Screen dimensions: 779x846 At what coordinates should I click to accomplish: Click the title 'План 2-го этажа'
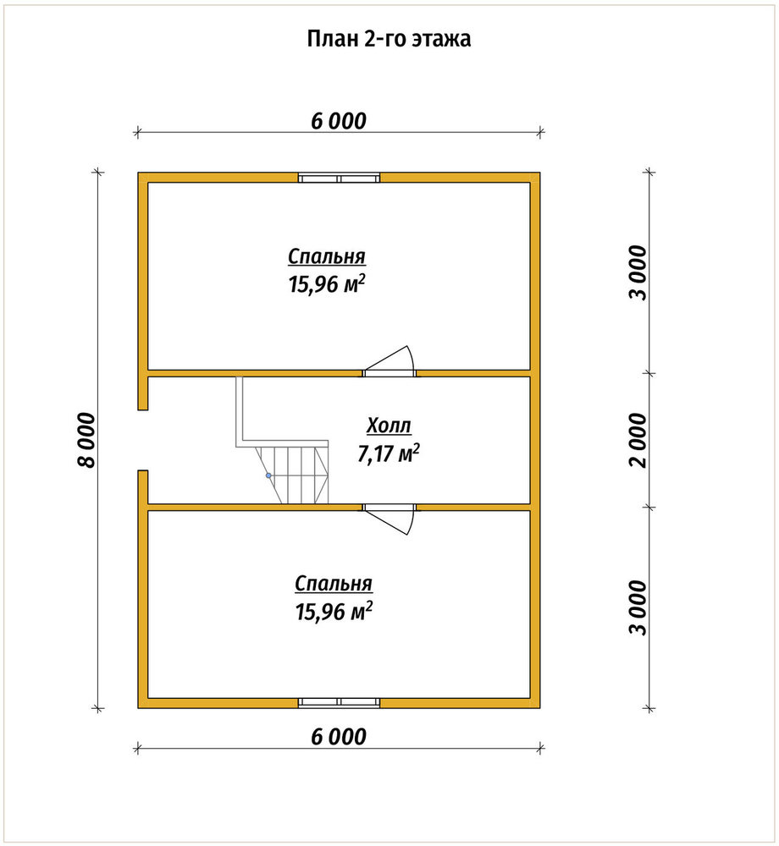pos(389,39)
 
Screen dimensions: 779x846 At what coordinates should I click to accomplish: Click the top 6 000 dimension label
pos(339,121)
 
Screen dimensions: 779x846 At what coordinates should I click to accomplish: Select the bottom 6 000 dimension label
pos(339,737)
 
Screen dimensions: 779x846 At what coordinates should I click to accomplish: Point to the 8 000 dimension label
pos(86,440)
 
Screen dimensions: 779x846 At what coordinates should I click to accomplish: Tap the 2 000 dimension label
pos(639,440)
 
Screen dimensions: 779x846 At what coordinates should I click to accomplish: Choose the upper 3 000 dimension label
pos(639,272)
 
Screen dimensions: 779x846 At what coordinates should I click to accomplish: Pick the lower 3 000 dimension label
pos(639,608)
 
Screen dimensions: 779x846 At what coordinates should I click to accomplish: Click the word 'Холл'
pos(389,426)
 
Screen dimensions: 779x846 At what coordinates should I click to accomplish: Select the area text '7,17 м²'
pos(389,453)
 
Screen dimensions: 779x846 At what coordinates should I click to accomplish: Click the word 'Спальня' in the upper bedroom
pos(327,256)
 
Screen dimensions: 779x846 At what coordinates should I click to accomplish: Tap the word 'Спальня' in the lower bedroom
pos(334,584)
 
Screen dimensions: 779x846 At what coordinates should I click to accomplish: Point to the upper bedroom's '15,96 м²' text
pos(327,284)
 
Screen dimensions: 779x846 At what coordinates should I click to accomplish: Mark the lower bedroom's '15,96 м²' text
pos(334,612)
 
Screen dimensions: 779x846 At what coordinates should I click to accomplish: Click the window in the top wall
pos(339,178)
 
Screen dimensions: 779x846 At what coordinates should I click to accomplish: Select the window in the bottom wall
pos(339,702)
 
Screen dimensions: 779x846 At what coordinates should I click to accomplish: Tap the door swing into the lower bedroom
pos(389,519)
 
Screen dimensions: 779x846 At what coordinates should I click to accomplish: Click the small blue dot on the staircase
pos(268,475)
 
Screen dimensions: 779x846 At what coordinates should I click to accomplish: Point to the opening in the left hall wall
pos(143,440)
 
